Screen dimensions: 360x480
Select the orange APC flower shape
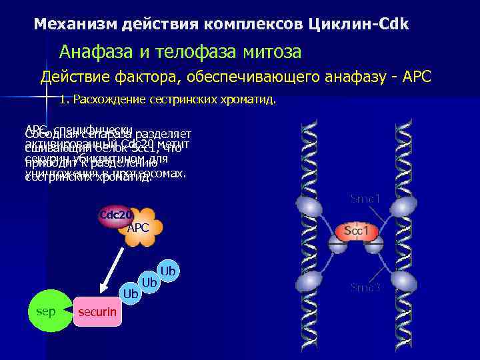click(x=138, y=227)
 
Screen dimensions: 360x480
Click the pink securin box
click(x=97, y=311)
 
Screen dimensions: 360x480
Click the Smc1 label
click(x=365, y=199)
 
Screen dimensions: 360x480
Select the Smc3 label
click(x=365, y=287)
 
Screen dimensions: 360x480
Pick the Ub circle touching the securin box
click(x=131, y=293)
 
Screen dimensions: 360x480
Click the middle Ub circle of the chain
click(x=149, y=283)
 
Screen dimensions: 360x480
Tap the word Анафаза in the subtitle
click(x=93, y=51)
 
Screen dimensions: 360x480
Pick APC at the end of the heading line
click(x=417, y=77)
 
